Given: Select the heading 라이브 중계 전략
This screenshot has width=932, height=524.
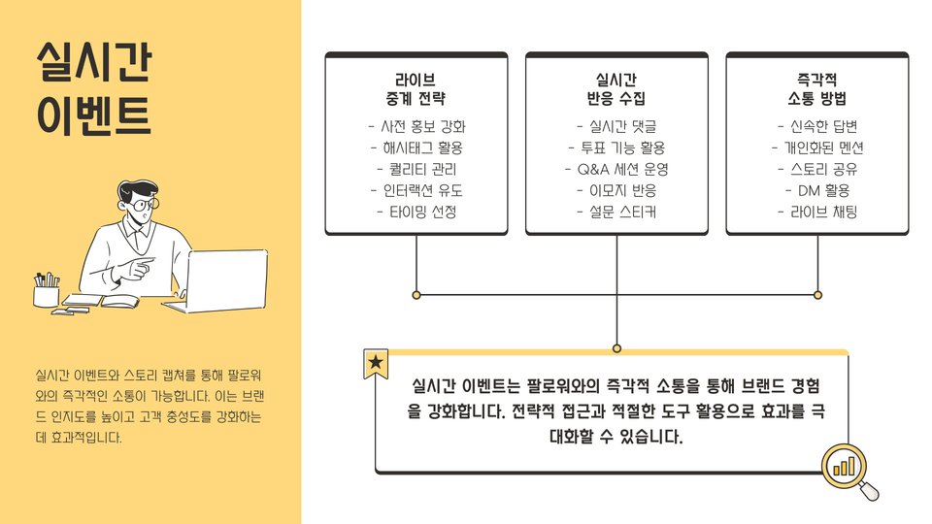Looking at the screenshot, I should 416,88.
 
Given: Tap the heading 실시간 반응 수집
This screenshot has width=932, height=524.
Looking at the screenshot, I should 616,88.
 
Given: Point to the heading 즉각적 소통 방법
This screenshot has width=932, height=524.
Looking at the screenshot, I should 817,88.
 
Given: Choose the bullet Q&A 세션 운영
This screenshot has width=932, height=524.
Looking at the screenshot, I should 616,169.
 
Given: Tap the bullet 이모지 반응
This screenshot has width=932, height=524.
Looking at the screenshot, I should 616,190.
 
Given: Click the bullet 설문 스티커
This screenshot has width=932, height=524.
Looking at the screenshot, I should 616,212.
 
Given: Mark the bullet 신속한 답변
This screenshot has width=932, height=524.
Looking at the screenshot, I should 817,126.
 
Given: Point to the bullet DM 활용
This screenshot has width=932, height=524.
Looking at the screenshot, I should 817,190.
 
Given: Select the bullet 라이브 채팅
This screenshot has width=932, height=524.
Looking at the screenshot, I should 817,212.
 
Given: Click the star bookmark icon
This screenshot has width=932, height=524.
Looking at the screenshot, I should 376,364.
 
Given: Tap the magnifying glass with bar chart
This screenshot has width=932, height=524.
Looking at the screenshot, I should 848,469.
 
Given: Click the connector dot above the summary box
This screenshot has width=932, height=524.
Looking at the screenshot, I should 616,347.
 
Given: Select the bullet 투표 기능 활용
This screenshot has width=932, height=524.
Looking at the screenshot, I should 616,147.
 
